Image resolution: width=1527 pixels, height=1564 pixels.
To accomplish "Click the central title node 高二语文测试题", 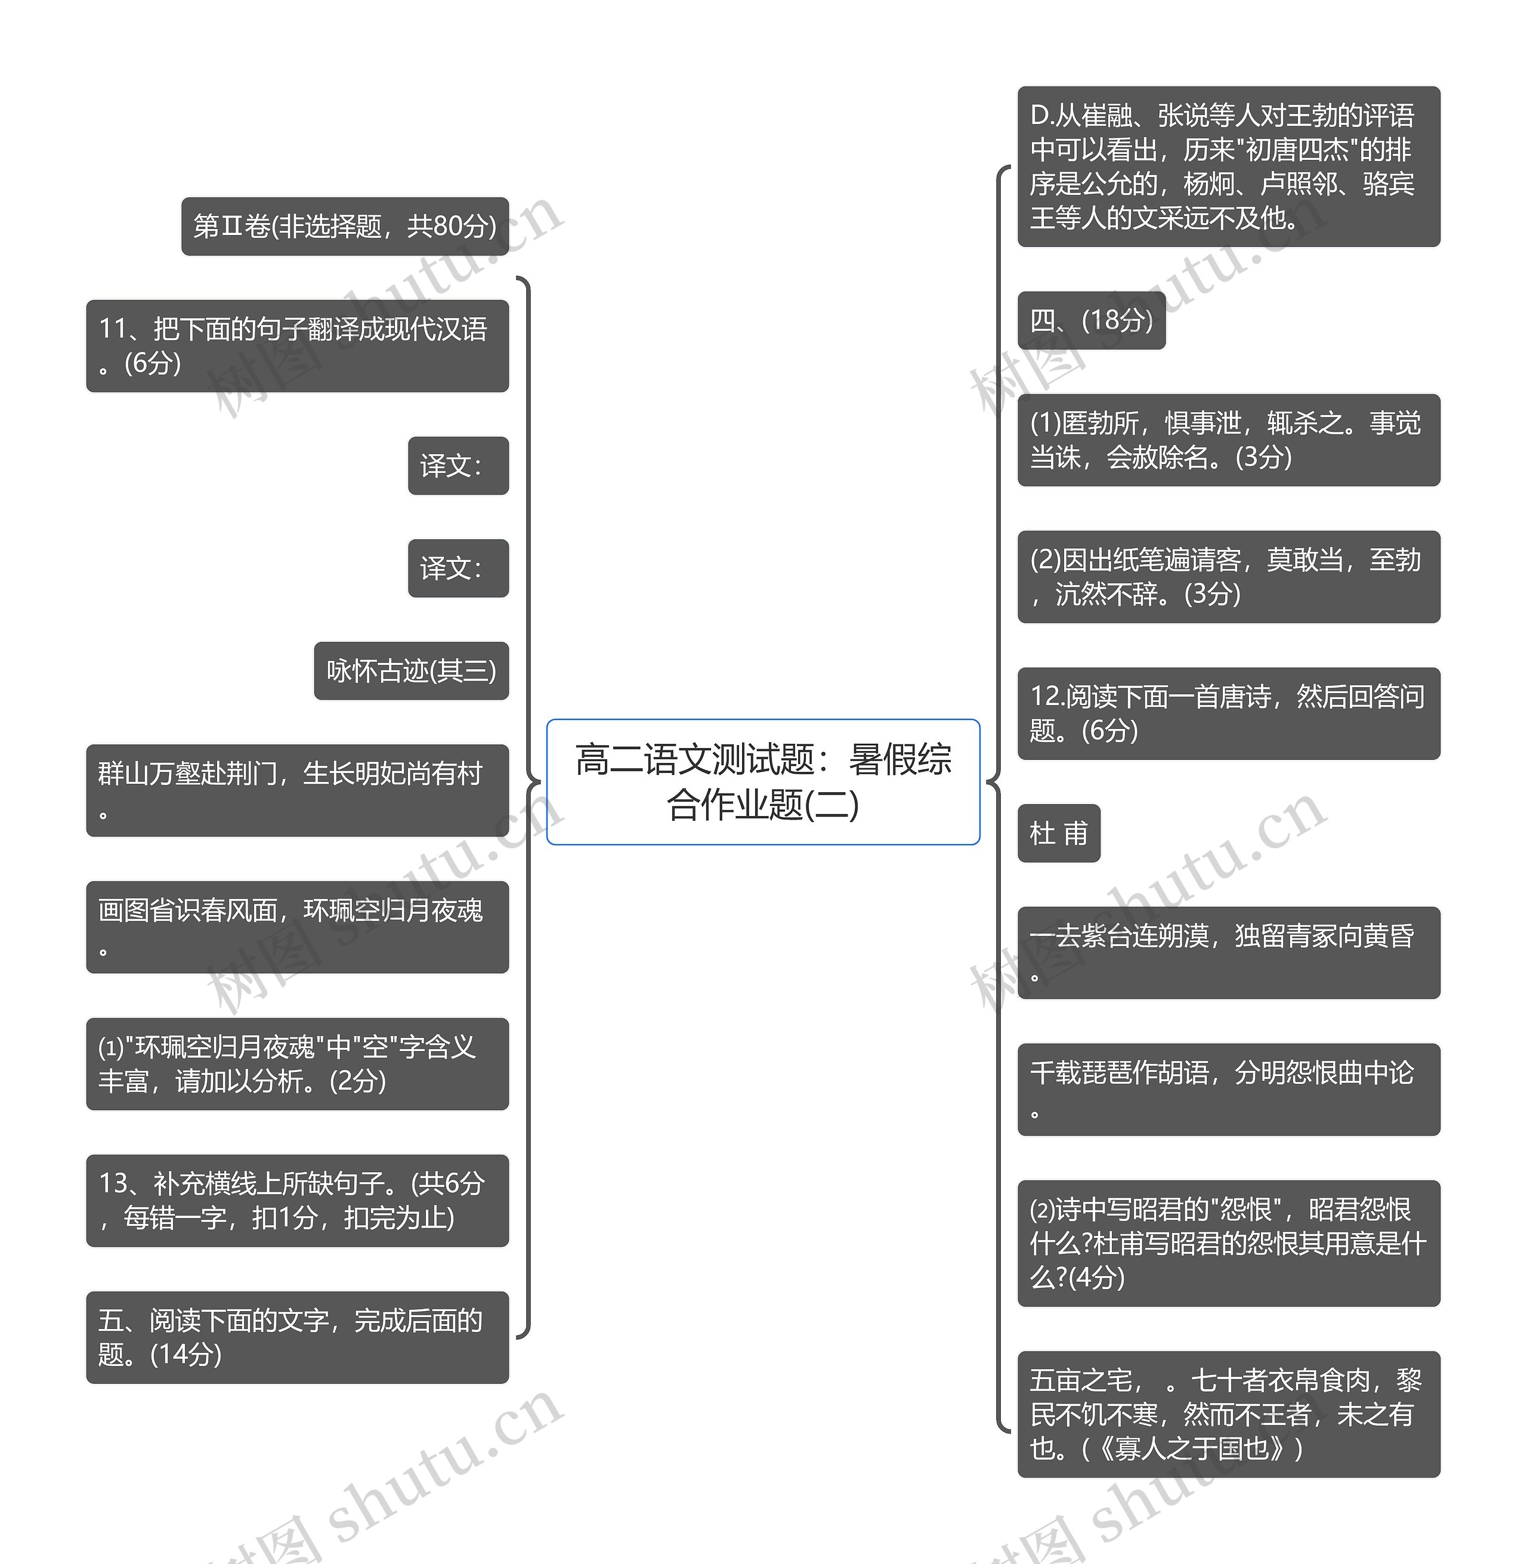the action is coord(763,781).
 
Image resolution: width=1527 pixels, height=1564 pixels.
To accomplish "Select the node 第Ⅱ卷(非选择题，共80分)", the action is coord(345,226).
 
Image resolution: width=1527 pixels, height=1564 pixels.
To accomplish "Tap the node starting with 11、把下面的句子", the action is coord(296,346).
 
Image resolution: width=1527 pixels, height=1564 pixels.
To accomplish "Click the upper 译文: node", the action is coord(458,465).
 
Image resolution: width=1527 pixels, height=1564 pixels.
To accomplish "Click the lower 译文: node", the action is coord(458,568).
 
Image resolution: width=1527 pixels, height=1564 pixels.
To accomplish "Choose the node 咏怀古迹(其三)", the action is coord(410,670).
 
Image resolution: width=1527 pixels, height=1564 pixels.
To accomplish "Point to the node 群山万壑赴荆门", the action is coord(296,790).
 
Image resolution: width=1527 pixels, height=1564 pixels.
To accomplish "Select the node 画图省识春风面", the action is coord(296,926).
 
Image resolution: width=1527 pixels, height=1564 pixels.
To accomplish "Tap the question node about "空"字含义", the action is coord(296,1064).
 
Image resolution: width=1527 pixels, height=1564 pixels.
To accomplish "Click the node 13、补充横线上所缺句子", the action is coord(296,1200).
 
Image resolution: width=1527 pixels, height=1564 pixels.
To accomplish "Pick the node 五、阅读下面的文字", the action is coord(296,1337).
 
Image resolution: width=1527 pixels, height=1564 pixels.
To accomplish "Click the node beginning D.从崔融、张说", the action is coord(1228,166).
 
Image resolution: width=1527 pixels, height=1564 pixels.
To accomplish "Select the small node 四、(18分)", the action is coord(1091,320).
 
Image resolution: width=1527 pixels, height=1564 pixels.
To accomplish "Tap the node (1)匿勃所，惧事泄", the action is coord(1228,440).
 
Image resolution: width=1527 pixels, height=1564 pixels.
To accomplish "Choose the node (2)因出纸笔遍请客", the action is coord(1228,577).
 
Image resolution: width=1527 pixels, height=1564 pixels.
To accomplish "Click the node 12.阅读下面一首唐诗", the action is coord(1228,713).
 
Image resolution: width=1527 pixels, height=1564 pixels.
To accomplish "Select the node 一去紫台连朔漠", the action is coord(1228,952).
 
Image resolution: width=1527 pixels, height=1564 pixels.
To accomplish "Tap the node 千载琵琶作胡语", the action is coord(1228,1089).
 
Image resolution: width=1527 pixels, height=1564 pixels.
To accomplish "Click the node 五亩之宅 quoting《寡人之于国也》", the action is coord(1228,1414).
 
